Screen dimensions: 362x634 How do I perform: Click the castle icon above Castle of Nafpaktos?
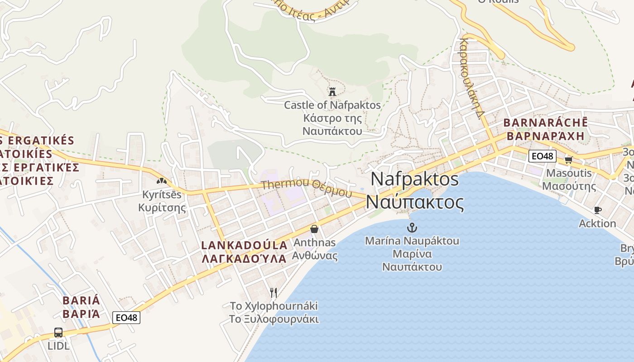[x=332, y=92]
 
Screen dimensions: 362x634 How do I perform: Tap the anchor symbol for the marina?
[x=412, y=227]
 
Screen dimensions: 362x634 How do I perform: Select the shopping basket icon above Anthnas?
[x=314, y=229]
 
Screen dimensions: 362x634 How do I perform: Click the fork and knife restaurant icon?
[x=273, y=293]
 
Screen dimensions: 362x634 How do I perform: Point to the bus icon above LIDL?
[x=58, y=333]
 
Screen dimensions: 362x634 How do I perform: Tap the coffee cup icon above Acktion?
[x=597, y=210]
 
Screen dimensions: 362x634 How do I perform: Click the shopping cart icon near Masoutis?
[x=568, y=160]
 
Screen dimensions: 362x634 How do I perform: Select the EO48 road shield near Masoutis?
[x=542, y=156]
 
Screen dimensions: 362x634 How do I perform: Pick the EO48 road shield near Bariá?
[x=126, y=318]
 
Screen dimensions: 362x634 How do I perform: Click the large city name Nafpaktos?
[x=414, y=179]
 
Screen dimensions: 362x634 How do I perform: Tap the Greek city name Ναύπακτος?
[x=415, y=202]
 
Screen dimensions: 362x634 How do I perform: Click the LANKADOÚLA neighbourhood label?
[x=245, y=245]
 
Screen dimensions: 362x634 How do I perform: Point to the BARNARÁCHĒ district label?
[x=545, y=123]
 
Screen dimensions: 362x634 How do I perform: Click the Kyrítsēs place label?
[x=162, y=195]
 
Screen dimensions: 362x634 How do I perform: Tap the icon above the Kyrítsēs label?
[x=162, y=181]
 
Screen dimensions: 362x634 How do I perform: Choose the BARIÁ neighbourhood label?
[x=81, y=300]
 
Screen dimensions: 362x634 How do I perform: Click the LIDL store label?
[x=59, y=346]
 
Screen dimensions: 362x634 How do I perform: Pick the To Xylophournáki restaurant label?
[x=274, y=306]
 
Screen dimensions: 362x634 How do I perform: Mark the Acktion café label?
[x=597, y=224]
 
